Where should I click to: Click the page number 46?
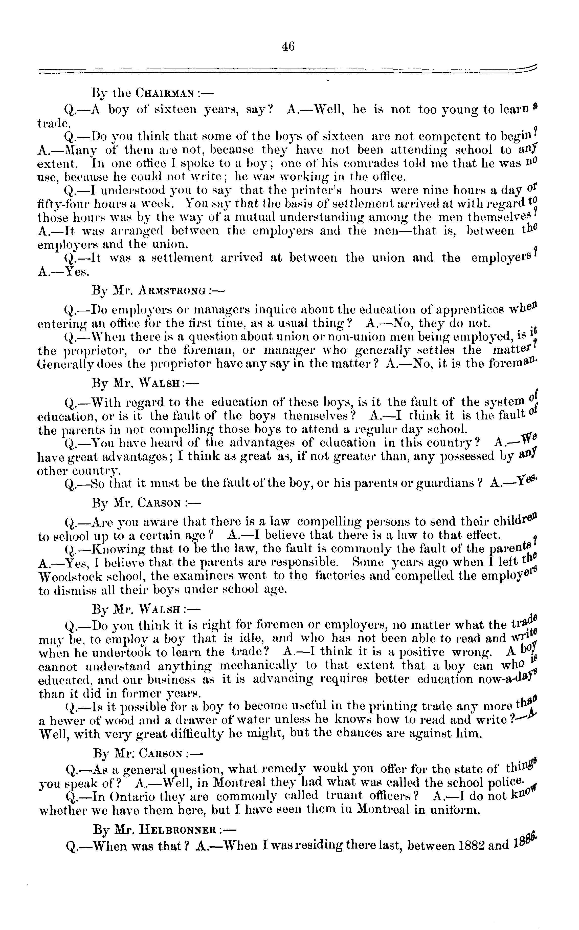click(x=288, y=47)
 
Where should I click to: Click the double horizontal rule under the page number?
click(x=287, y=70)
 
